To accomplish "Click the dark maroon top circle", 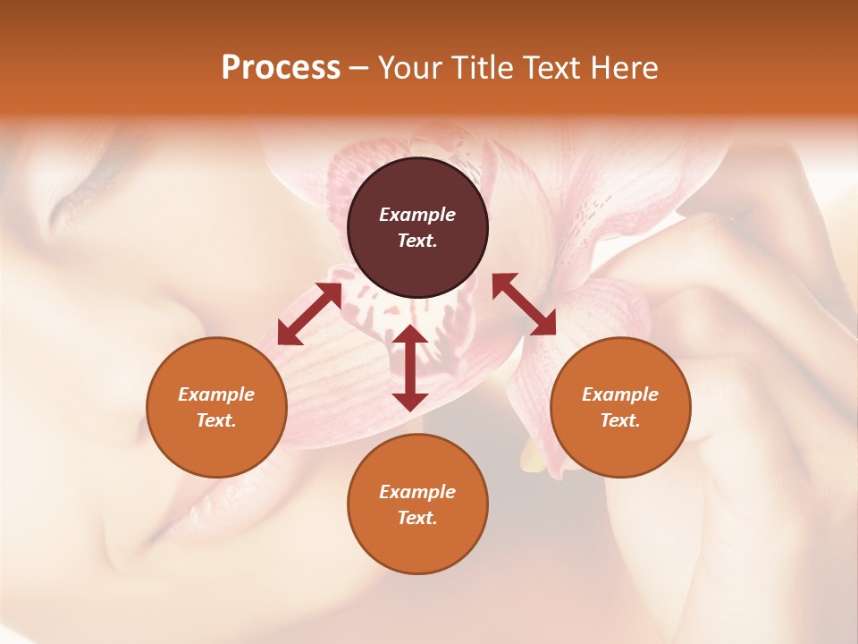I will [x=417, y=227].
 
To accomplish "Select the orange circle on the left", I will [x=216, y=407].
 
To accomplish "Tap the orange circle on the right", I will [x=620, y=407].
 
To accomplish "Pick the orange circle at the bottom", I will [x=417, y=504].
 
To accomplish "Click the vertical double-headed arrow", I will [x=410, y=368].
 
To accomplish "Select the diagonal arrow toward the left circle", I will [x=309, y=314].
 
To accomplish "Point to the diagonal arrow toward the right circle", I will [x=524, y=304].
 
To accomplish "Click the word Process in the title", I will [x=281, y=68].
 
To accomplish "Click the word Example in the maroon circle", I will [x=417, y=215].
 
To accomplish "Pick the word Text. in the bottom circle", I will [x=417, y=518].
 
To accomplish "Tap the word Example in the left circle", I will [x=216, y=394].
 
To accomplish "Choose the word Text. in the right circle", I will [x=620, y=420].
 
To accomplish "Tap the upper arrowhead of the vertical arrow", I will [x=410, y=335].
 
